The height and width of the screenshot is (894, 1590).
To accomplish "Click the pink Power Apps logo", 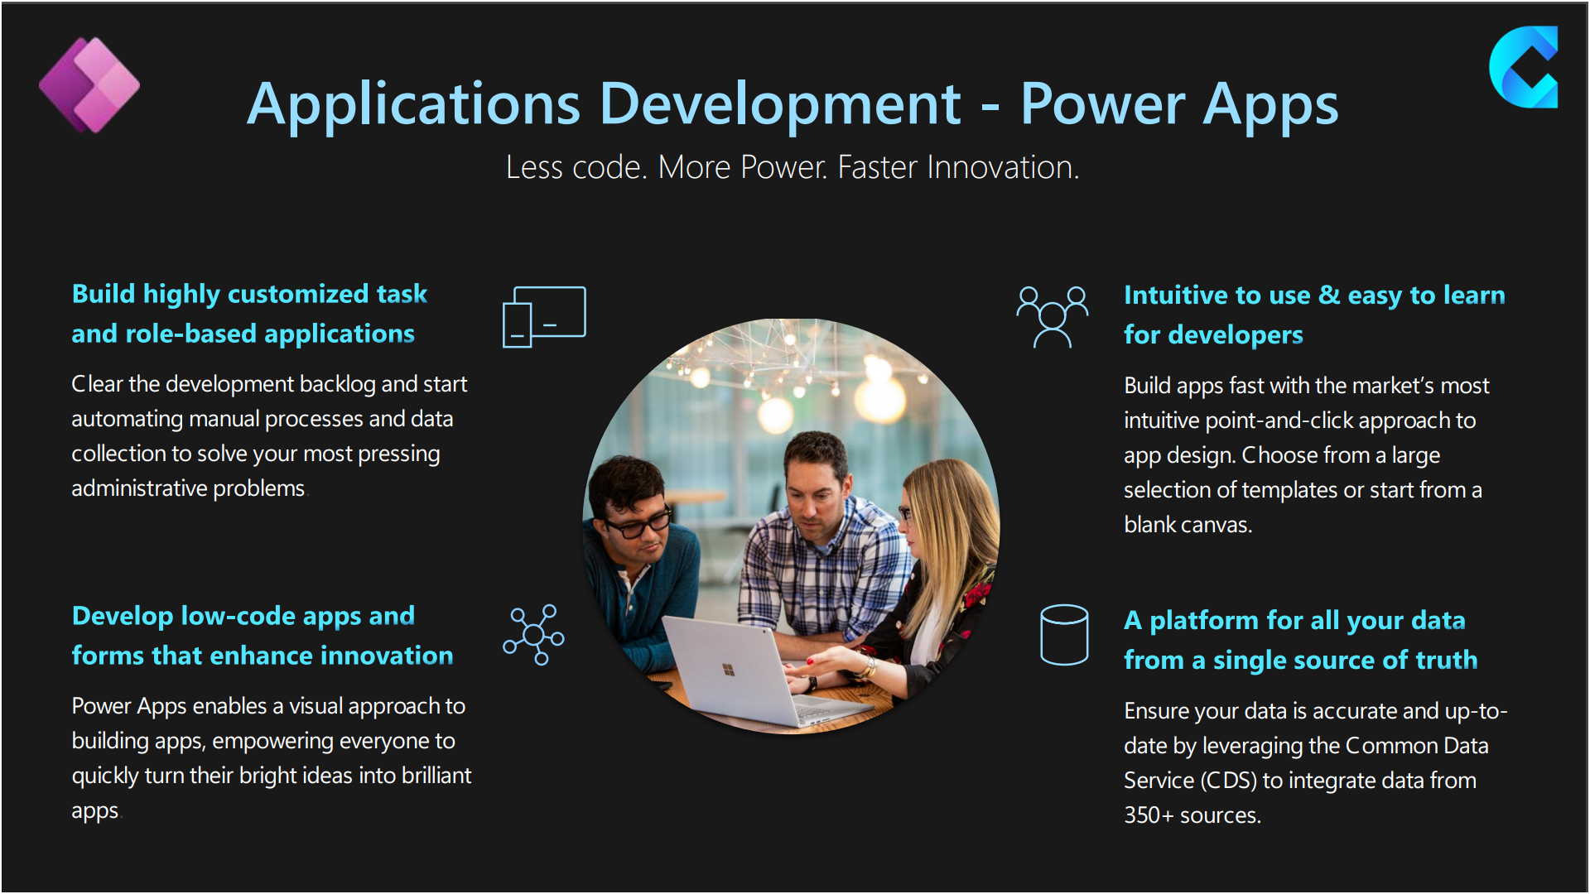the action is pos(89,85).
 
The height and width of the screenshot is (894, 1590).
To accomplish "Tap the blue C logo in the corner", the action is pos(1523,67).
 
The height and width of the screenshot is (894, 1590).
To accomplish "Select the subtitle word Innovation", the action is pos(1000,167).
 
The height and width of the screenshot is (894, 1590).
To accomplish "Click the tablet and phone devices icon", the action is pos(544,317).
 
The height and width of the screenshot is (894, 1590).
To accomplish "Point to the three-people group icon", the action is pos(1053,317).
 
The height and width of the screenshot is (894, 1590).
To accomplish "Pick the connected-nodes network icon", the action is pos(534,635).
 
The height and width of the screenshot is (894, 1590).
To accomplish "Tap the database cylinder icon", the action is pos(1064,635).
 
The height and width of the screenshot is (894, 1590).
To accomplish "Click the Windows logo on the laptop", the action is pos(729,669).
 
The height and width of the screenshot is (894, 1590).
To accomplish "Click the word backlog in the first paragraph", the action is pos(336,384).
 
